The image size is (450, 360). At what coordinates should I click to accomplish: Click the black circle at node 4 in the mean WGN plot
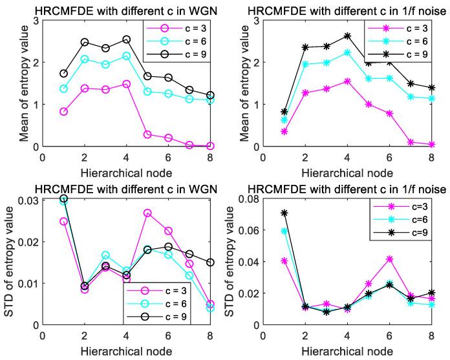[144, 40]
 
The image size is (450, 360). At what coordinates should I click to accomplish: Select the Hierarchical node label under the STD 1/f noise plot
[347, 353]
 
